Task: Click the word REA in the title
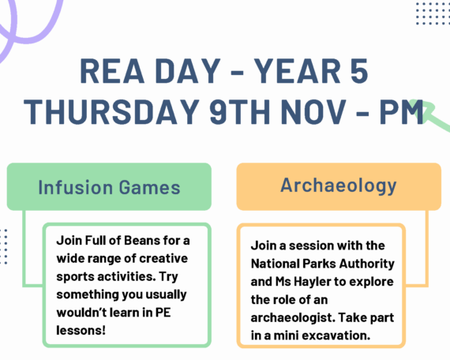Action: coord(112,71)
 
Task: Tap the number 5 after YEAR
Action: coord(358,71)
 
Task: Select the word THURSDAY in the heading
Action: coord(111,111)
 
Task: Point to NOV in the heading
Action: coord(313,111)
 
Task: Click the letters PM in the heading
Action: coord(402,111)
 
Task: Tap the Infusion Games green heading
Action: coord(109,187)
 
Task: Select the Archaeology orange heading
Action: coord(339,186)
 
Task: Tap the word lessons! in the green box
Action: coord(81,331)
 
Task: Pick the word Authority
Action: coord(367,264)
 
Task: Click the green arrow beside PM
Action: coord(430,114)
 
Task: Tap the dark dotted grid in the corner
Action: coord(433,13)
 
